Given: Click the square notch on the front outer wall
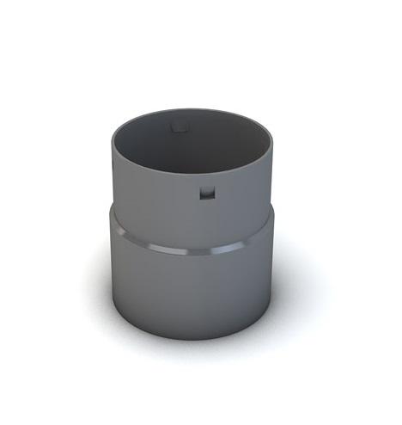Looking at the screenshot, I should [x=205, y=192].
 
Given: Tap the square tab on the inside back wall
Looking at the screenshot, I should [x=178, y=127].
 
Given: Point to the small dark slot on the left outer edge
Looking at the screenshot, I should [x=114, y=163].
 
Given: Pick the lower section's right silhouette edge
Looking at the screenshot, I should [x=274, y=275].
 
